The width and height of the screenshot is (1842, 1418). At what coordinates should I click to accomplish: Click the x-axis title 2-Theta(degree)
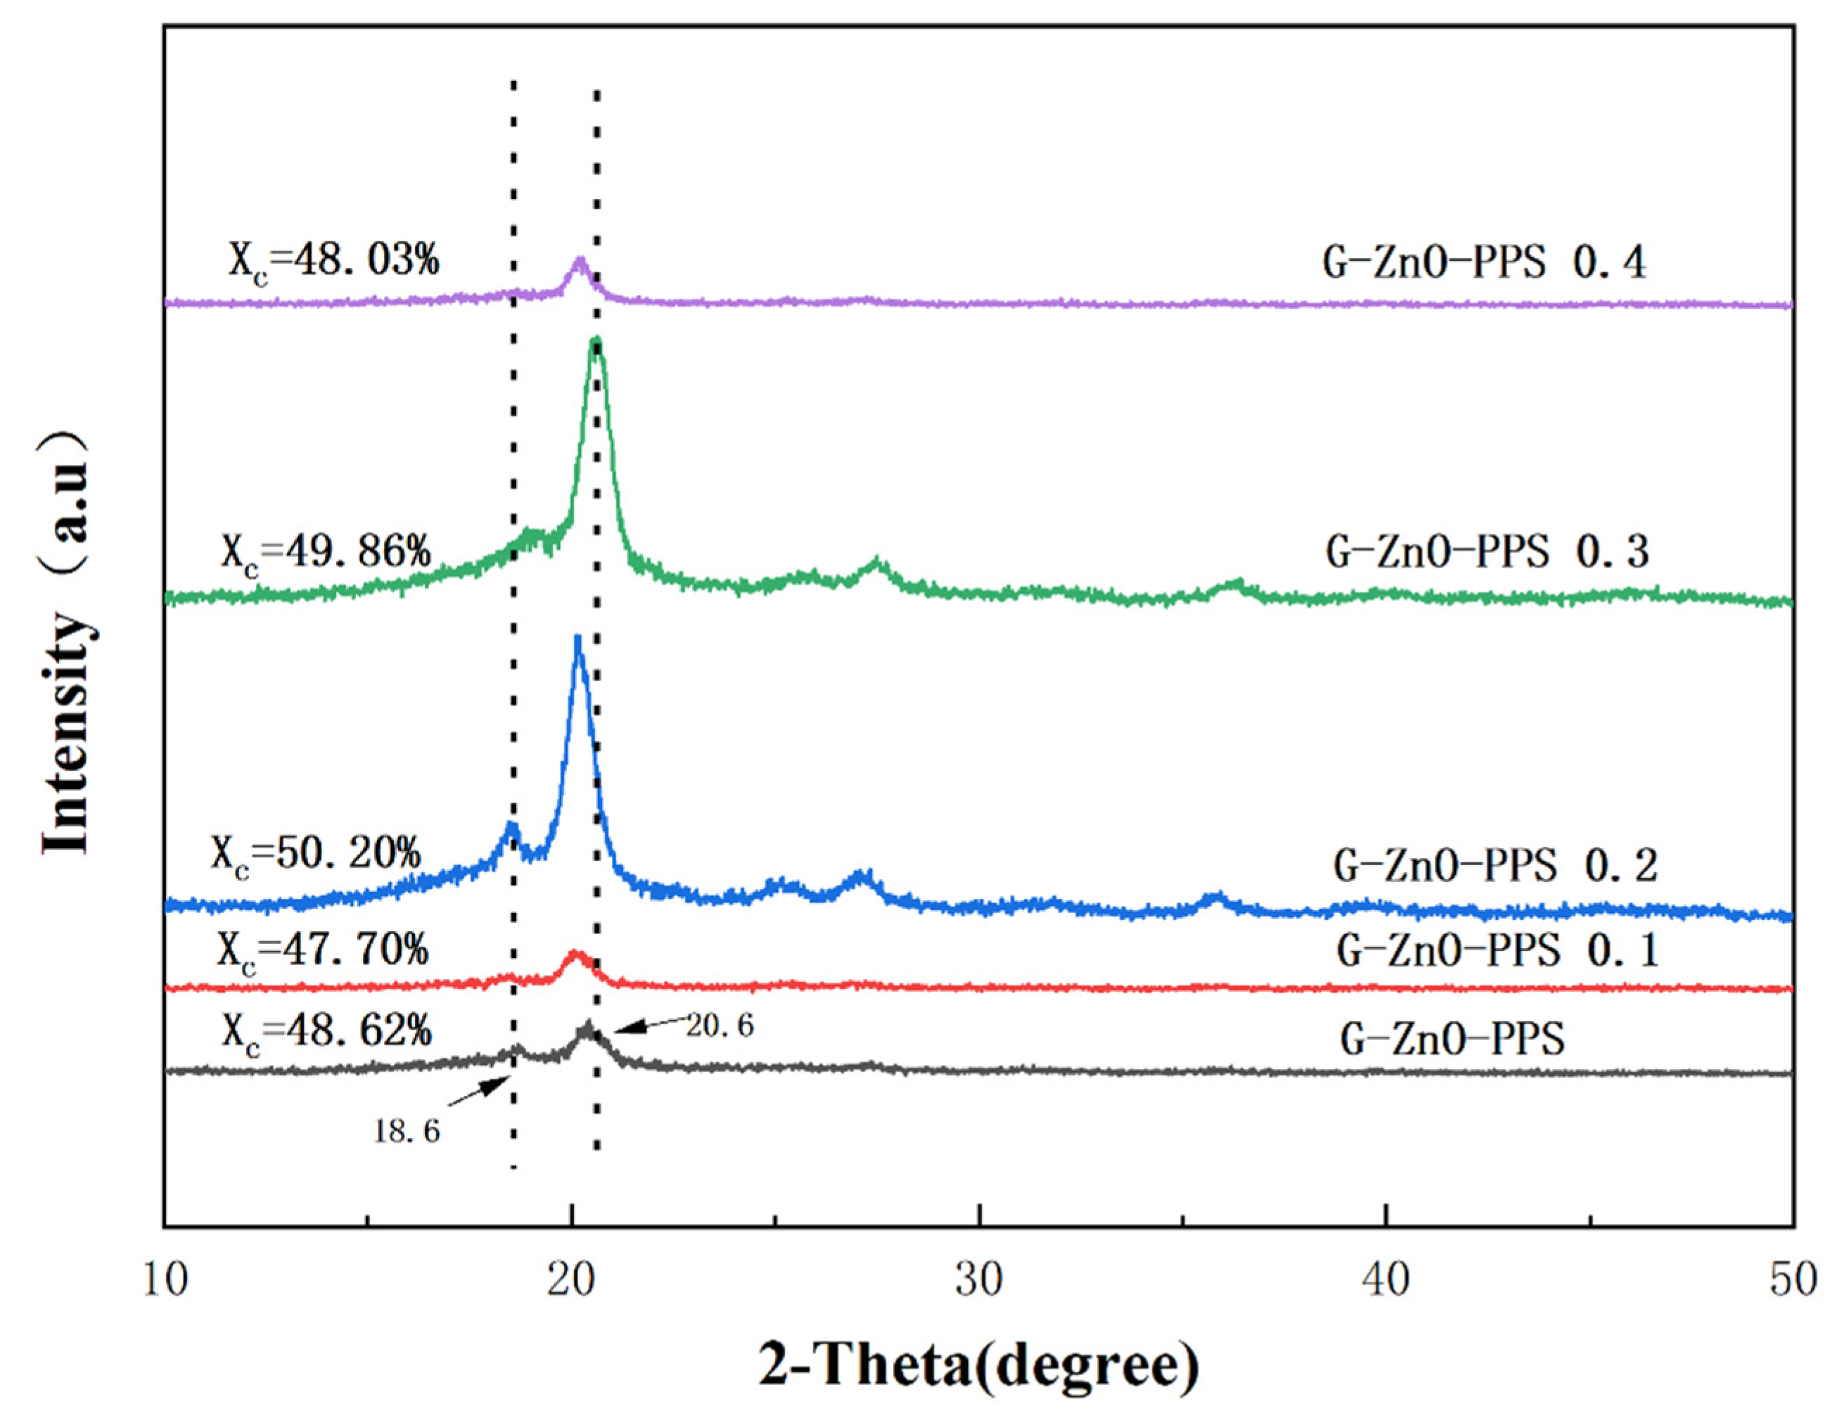978,1367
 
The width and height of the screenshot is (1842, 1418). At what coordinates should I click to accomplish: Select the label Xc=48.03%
333,262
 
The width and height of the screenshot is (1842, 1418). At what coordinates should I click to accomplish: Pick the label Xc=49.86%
326,554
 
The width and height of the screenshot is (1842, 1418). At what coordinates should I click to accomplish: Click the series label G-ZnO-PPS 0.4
1483,263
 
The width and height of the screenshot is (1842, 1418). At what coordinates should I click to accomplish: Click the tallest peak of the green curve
596,342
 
